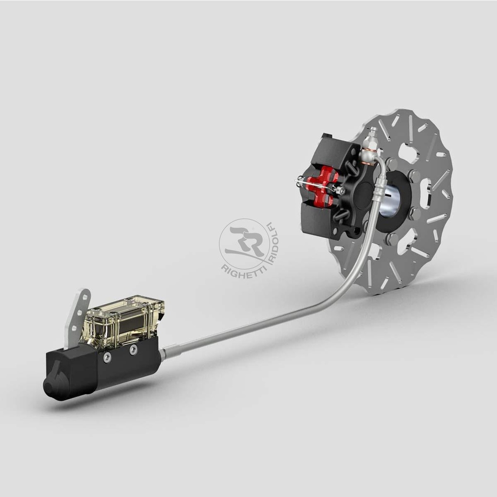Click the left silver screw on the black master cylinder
(107, 357)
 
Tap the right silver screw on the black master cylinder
(133, 349)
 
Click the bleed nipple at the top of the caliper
(372, 133)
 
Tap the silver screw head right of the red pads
(343, 191)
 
